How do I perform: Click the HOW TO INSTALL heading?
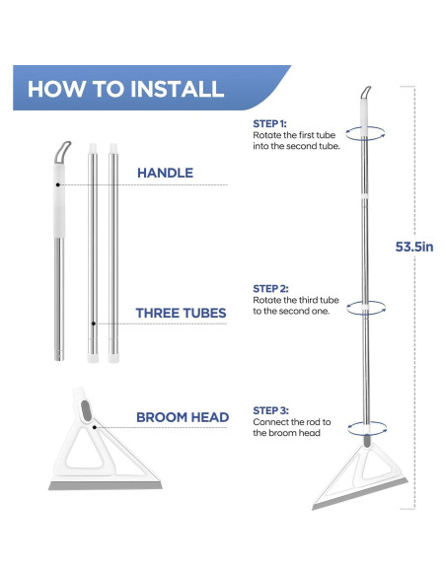pyautogui.click(x=125, y=89)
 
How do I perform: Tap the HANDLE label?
pyautogui.click(x=165, y=173)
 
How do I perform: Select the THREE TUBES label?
pyautogui.click(x=181, y=313)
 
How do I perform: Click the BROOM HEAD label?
pyautogui.click(x=183, y=417)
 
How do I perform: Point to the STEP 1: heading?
pyautogui.click(x=269, y=124)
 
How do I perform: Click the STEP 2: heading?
pyautogui.click(x=270, y=289)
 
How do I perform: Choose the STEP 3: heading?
pyautogui.click(x=270, y=410)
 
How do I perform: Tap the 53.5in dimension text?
pyautogui.click(x=414, y=247)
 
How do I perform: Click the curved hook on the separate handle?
pyautogui.click(x=61, y=151)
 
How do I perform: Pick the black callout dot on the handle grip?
pyautogui.click(x=57, y=184)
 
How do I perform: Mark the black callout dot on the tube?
pyautogui.click(x=94, y=324)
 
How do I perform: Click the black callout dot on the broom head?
pyautogui.click(x=95, y=427)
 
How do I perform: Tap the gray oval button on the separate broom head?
pyautogui.click(x=86, y=410)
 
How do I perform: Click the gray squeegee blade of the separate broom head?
pyautogui.click(x=106, y=485)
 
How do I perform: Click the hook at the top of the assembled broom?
pyautogui.click(x=365, y=92)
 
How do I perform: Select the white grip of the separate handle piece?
pyautogui.click(x=59, y=200)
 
